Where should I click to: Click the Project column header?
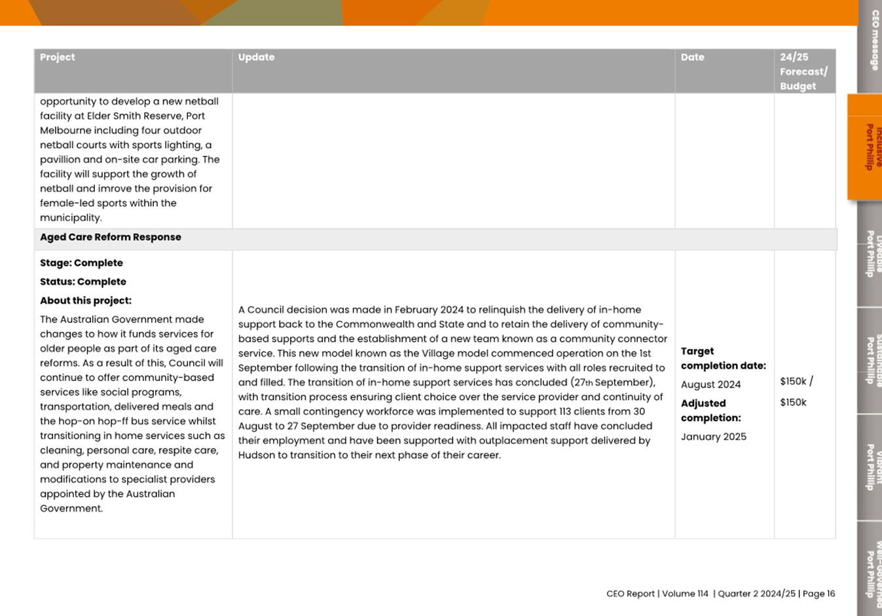[x=58, y=58]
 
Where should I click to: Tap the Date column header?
[x=692, y=58]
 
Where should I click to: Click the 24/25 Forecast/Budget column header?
[x=803, y=71]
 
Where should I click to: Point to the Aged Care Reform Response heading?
[x=111, y=238]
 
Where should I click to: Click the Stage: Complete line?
[x=81, y=263]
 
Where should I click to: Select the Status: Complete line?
[x=83, y=282]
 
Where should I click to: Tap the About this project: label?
[x=86, y=301]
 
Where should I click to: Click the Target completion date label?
[x=723, y=359]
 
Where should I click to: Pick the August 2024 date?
[x=710, y=385]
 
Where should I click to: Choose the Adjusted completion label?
[x=710, y=410]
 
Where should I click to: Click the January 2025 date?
[x=713, y=437]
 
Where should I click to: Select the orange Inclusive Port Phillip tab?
[x=869, y=147]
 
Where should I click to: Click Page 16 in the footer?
[x=818, y=594]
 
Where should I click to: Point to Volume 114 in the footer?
[x=685, y=594]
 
